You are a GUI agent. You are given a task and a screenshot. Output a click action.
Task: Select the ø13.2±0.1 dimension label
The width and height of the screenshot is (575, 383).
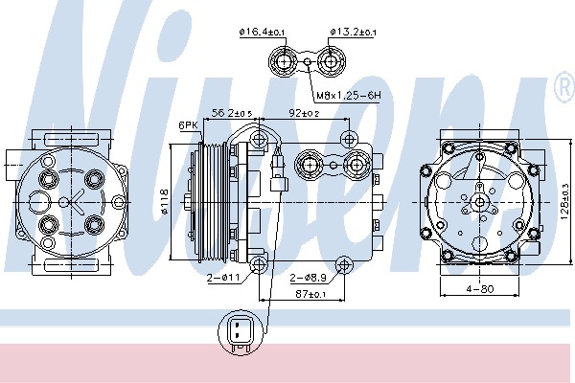point(354,33)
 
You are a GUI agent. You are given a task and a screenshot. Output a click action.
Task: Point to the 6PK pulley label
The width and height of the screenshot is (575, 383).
point(187,125)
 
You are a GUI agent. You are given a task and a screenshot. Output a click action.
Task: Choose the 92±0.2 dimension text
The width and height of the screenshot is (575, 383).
point(305,113)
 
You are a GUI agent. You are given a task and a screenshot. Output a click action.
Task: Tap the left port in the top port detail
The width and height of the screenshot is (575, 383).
point(285,65)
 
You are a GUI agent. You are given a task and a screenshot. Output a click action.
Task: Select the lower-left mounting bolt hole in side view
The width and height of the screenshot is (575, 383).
point(260,265)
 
